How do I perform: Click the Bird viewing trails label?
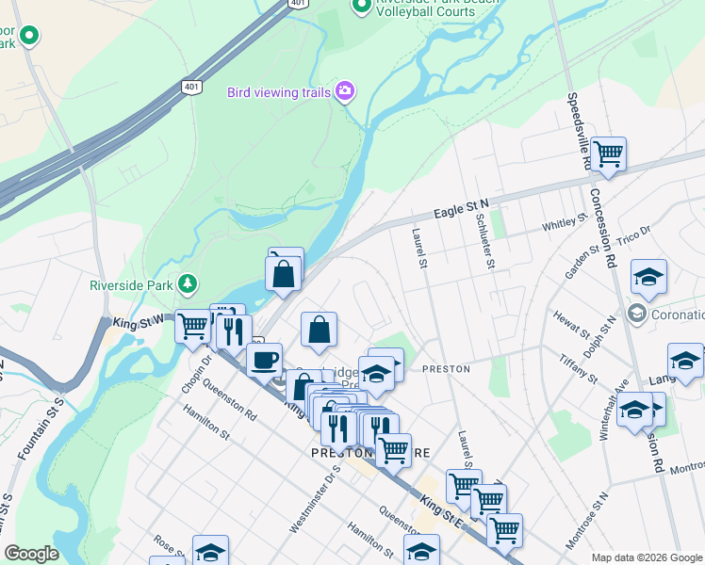pos(278,92)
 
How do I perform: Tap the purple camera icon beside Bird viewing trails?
pos(345,91)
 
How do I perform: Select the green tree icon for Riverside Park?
pos(189,283)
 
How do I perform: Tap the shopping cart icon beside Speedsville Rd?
pos(608,153)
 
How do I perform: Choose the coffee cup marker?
pos(264,359)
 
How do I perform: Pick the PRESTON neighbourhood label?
pos(446,369)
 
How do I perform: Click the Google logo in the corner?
pos(31,554)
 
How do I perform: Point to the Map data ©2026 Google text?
pos(647,557)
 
